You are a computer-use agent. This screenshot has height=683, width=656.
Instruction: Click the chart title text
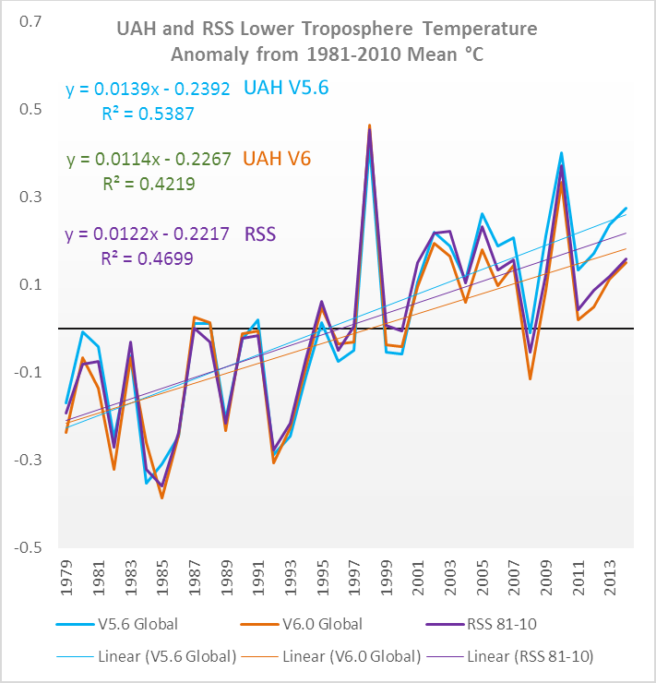[327, 42]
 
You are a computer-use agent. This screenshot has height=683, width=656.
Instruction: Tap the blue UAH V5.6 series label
[285, 88]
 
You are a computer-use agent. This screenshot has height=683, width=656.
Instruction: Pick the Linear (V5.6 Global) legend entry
[167, 657]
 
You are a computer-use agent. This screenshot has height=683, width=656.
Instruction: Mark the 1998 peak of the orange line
[369, 125]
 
